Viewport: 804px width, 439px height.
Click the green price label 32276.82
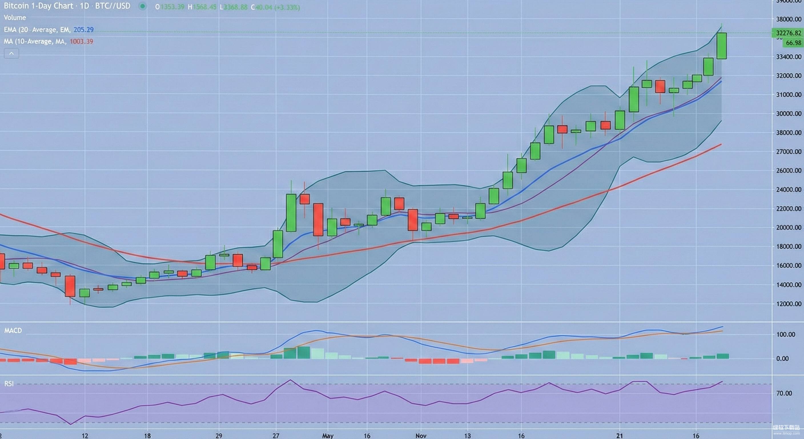click(788, 33)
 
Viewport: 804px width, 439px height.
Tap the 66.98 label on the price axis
click(793, 43)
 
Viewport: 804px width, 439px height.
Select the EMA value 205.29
click(83, 30)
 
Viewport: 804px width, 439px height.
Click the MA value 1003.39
click(81, 41)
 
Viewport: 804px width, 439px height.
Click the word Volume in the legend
click(15, 17)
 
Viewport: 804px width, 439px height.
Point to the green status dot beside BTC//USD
click(142, 6)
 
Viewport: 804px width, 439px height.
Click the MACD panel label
click(13, 331)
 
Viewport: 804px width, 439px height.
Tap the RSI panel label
click(9, 384)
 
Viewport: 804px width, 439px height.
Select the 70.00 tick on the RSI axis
click(784, 393)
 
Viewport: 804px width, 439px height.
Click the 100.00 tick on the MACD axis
click(785, 334)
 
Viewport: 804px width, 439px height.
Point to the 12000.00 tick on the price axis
click(788, 304)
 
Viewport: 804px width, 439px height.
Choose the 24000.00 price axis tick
click(788, 190)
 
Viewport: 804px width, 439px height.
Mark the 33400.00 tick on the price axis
click(788, 57)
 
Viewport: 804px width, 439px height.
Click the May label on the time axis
click(328, 436)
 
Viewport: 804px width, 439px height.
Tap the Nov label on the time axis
click(421, 436)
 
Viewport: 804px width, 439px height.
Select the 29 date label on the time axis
click(219, 436)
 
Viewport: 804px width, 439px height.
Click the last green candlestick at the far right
click(721, 46)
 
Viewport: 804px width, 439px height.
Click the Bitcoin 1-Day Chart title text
click(38, 6)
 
